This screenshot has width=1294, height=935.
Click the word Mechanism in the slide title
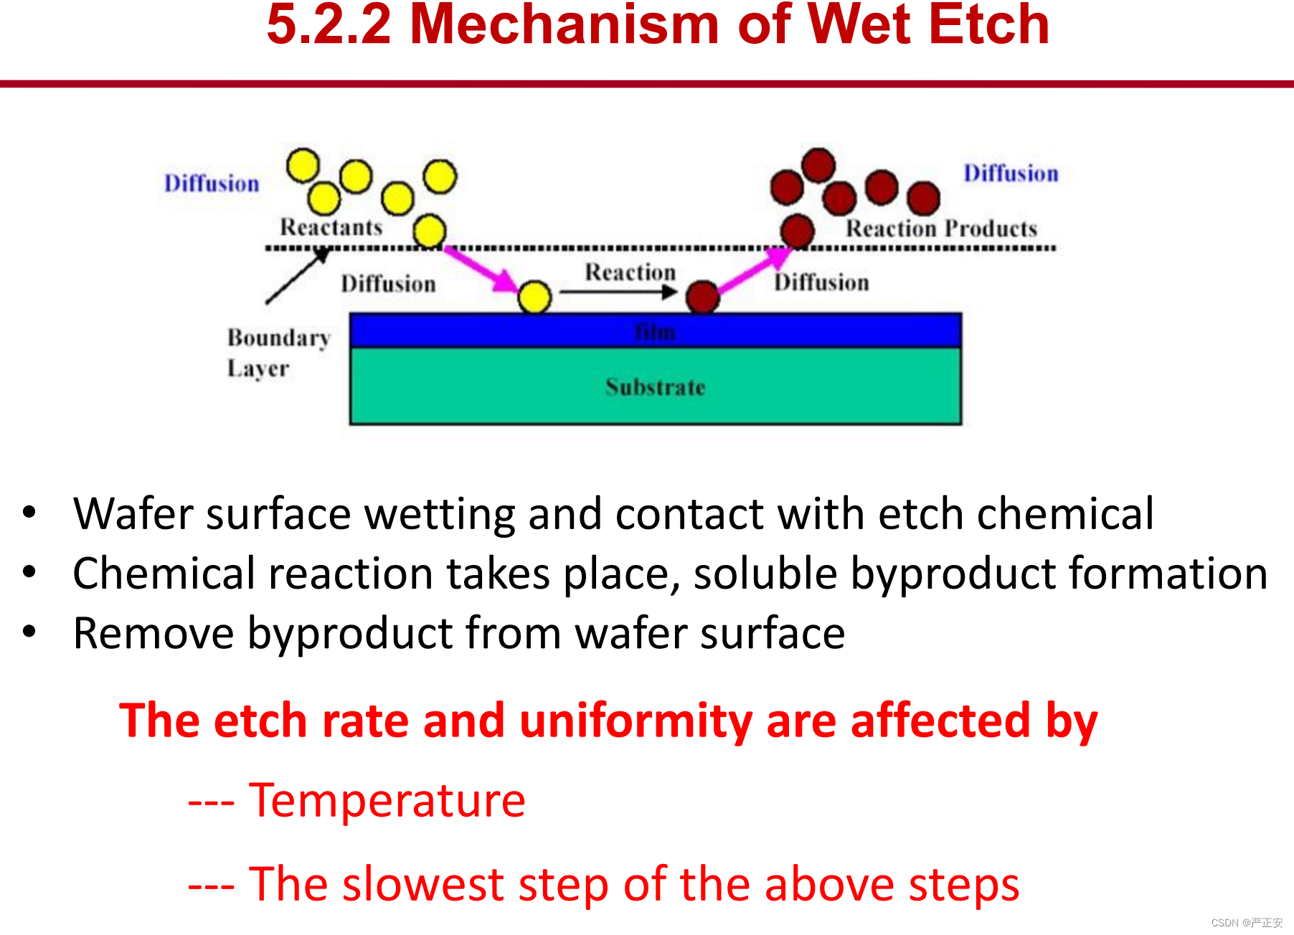coord(565,24)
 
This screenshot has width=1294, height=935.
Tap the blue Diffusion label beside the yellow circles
coord(212,184)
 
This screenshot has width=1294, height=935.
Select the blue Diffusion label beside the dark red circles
coord(1011,174)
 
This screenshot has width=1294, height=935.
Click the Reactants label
coord(331,227)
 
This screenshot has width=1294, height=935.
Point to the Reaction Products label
coord(942,229)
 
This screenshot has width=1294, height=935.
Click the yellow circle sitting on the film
coord(534,297)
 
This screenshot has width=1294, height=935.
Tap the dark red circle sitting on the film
coord(703,296)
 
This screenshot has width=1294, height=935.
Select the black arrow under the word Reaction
coord(618,292)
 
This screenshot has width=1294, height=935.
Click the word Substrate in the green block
coord(656,387)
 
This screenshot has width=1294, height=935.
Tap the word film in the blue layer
coord(656,332)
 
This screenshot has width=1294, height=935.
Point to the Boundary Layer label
coord(279,353)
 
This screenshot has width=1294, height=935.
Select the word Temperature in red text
coord(387,800)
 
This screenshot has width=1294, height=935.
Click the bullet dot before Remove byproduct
coord(29,632)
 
